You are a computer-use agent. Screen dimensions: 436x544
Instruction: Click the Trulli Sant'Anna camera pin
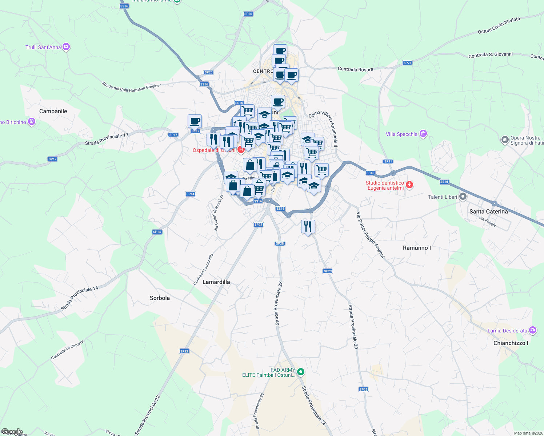coord(66,47)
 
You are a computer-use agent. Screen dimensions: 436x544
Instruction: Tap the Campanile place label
coord(53,111)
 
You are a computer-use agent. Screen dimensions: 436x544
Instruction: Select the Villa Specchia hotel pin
coord(423,134)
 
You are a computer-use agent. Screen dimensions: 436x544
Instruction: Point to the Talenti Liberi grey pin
coord(463,197)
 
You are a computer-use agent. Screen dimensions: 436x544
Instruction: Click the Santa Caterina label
coord(488,211)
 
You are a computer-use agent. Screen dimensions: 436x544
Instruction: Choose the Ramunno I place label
coord(417,248)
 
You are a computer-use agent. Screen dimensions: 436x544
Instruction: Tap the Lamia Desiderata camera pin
coord(533,330)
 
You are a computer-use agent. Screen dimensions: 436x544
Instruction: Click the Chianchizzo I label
coord(511,343)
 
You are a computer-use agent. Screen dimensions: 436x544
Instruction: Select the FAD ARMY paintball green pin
coord(301,372)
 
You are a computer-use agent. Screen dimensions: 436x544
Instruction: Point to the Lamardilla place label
coord(216,282)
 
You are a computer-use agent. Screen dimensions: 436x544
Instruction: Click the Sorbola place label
coord(160,298)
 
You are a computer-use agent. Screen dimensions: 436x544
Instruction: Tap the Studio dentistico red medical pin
coord(409,185)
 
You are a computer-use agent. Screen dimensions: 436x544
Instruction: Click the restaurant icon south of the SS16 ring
coord(308,227)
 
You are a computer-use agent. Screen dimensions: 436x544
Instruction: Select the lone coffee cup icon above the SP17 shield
coord(195,121)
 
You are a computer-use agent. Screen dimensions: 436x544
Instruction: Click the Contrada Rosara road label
coord(355,69)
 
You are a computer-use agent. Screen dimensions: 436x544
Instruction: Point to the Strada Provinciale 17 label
coord(107,139)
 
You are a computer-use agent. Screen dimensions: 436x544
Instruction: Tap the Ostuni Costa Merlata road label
coord(499,26)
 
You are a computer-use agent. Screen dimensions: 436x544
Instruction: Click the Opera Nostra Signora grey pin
coord(505,140)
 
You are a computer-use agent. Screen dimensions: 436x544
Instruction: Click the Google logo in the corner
coord(12,432)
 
